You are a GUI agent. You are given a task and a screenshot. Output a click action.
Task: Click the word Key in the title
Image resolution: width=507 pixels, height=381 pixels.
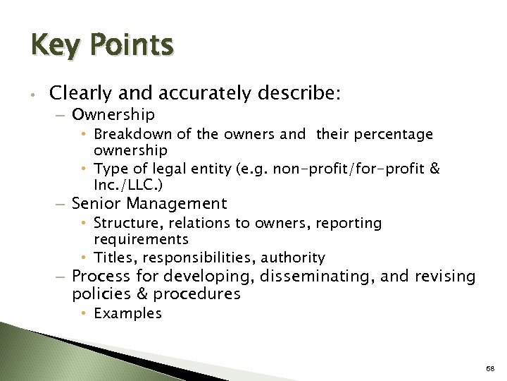54,46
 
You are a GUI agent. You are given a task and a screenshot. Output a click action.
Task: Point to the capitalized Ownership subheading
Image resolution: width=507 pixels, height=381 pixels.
113,114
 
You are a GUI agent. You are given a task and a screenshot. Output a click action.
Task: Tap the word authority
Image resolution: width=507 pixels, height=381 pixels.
295,258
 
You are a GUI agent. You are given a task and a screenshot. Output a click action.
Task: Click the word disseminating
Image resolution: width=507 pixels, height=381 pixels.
318,277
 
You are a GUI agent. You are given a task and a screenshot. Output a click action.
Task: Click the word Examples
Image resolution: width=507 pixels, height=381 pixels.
127,313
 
